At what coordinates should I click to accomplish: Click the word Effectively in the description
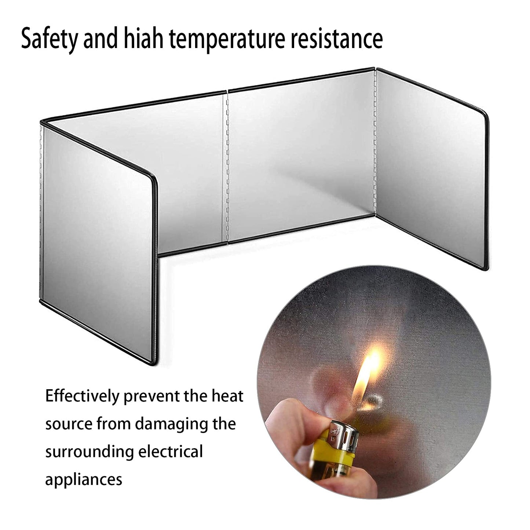(82, 396)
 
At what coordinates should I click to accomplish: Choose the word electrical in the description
(171, 452)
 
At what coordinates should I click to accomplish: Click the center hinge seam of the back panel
(227, 168)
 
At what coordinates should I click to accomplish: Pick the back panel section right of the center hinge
(301, 157)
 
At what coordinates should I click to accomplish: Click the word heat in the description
(227, 396)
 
